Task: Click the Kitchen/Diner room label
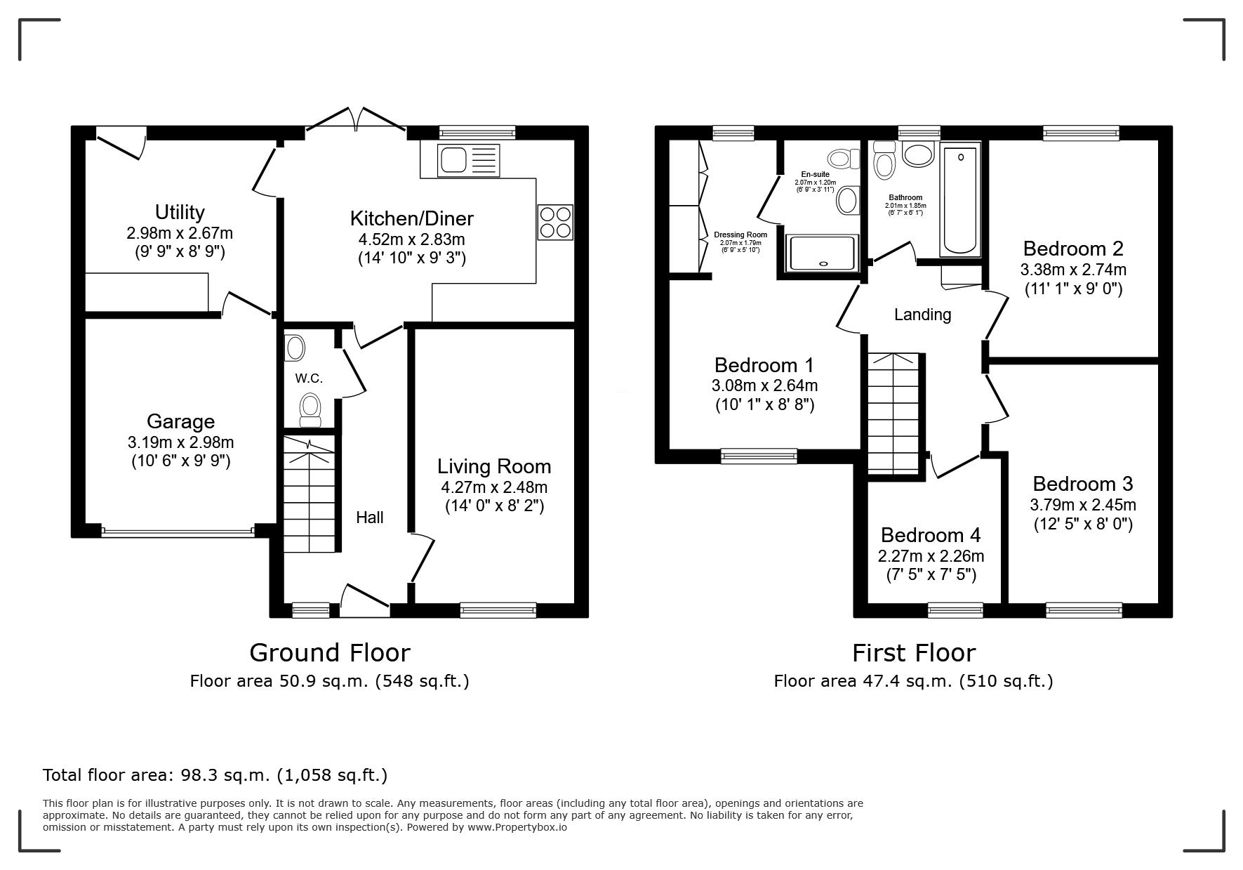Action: (412, 218)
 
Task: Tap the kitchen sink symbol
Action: (468, 160)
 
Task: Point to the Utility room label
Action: (180, 212)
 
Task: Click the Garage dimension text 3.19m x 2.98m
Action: (181, 442)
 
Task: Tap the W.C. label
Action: (309, 378)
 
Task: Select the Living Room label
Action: (494, 467)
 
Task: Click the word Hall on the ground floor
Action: (370, 518)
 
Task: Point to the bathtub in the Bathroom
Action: (960, 199)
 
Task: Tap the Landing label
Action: (923, 315)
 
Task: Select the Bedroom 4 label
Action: (931, 535)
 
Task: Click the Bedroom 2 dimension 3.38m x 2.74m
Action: (1073, 270)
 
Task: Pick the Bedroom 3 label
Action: (1083, 484)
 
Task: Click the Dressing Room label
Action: (740, 235)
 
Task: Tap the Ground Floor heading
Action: (330, 653)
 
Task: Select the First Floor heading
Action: (914, 653)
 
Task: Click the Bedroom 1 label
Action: (764, 365)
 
